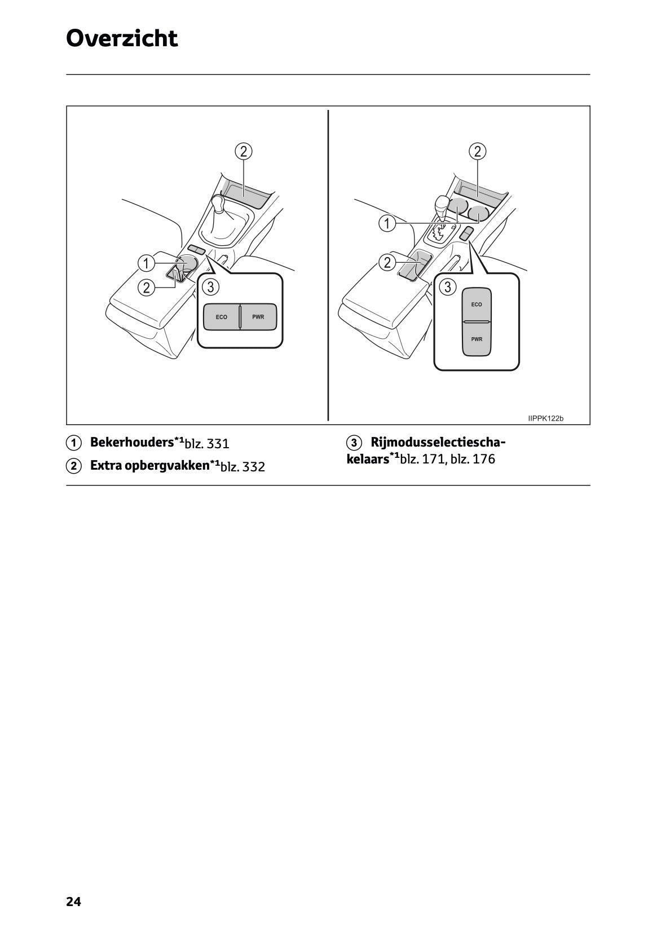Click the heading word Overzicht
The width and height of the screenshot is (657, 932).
pos(122,39)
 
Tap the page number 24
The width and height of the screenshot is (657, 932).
pos(73,902)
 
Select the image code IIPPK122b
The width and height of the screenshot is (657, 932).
pos(545,418)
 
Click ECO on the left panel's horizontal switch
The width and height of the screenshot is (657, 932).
pos(222,317)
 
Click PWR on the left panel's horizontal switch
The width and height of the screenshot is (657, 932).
pos(258,317)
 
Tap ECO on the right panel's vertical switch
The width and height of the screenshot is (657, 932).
pos(477,304)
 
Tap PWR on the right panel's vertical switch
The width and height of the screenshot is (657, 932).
pos(477,339)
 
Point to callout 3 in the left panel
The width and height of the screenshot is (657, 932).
pos(210,287)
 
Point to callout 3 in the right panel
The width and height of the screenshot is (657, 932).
pos(447,287)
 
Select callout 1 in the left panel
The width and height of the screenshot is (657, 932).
pos(146,263)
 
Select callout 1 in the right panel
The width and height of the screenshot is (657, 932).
pos(387,223)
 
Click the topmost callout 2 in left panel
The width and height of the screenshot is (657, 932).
pos(244,151)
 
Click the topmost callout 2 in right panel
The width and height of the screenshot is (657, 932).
pos(478,151)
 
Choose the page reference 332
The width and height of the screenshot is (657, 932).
pos(254,467)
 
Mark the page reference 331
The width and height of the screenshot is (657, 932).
pos(218,444)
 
